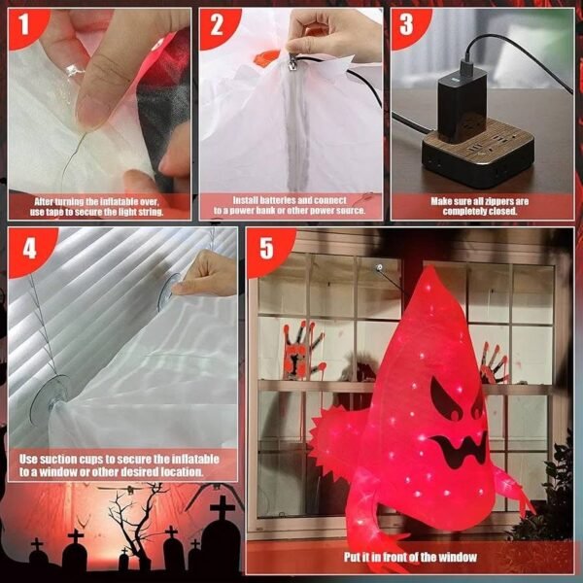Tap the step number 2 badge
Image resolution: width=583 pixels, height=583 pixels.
point(217,27)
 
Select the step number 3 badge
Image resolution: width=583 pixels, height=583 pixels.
point(407,26)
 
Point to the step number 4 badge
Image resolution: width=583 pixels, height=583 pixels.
point(30,250)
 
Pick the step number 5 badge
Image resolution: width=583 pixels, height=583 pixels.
point(267,250)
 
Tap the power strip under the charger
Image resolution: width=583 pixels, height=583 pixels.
point(478,154)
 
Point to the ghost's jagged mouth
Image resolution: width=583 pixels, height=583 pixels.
point(460,448)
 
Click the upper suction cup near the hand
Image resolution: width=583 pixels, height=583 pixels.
point(166,292)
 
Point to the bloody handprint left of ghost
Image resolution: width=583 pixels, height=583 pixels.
point(300,350)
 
